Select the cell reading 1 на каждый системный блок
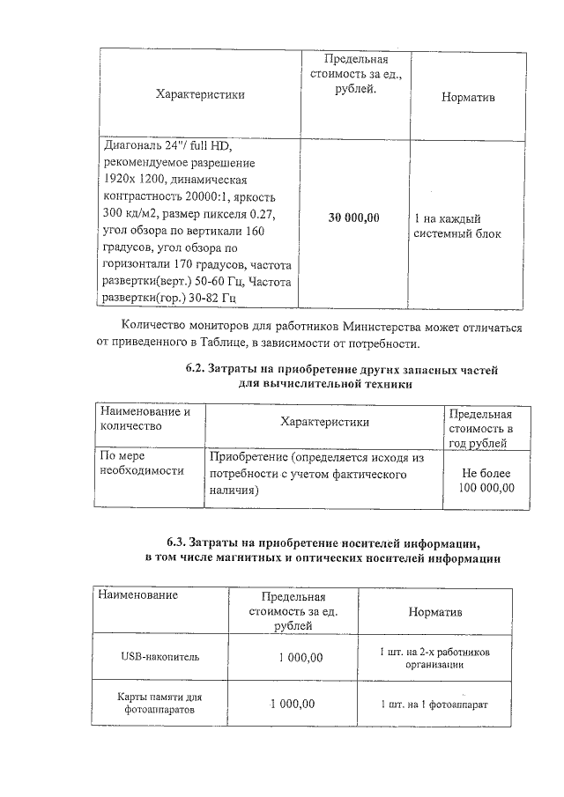click(457, 225)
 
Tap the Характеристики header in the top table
click(200, 94)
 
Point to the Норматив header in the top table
click(468, 97)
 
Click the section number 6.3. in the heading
click(179, 542)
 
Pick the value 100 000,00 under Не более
click(486, 488)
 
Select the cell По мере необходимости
click(141, 464)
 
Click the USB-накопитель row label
click(160, 656)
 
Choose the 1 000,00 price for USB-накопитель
click(301, 656)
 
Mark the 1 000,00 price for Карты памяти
click(292, 703)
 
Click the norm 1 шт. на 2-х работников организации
click(435, 659)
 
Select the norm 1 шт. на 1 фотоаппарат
click(434, 705)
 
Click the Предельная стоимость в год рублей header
click(480, 428)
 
